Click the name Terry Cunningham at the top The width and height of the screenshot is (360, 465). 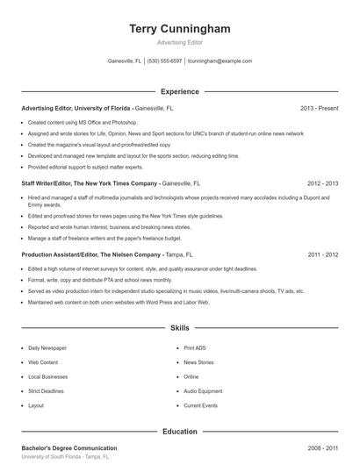pyautogui.click(x=179, y=29)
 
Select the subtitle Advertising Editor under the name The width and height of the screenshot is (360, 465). pyautogui.click(x=179, y=43)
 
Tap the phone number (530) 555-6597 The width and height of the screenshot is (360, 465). pyautogui.click(x=164, y=61)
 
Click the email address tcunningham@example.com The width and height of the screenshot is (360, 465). pyautogui.click(x=220, y=61)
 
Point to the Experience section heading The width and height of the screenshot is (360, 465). pyautogui.click(x=179, y=91)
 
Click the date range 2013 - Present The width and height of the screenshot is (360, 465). pyautogui.click(x=319, y=108)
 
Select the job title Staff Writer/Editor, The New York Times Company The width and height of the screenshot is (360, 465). pyautogui.click(x=90, y=184)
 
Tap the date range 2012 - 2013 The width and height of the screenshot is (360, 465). pyautogui.click(x=322, y=184)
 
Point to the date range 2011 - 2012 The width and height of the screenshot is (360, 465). pyautogui.click(x=322, y=254)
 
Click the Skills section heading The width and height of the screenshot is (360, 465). pyautogui.click(x=179, y=328)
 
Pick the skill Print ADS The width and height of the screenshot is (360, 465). pyautogui.click(x=195, y=347)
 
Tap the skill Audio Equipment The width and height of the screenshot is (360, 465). pyautogui.click(x=203, y=391)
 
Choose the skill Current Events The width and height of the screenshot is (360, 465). pyautogui.click(x=200, y=406)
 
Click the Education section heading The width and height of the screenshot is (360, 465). pyautogui.click(x=179, y=432)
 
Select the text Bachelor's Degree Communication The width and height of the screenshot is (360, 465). pyautogui.click(x=68, y=447)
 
